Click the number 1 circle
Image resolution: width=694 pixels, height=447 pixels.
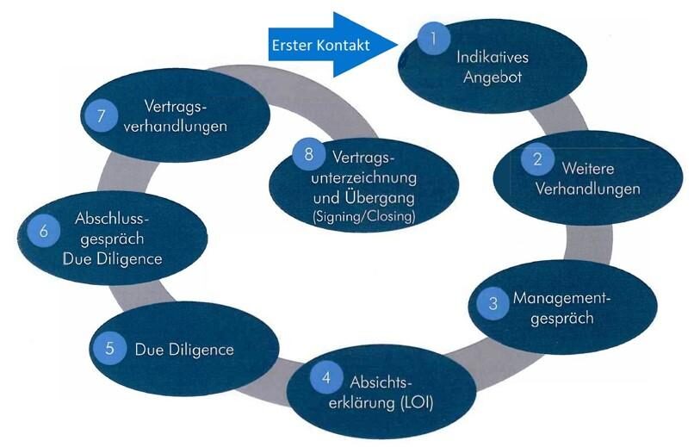point(435,37)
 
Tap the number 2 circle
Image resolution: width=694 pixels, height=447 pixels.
point(537,158)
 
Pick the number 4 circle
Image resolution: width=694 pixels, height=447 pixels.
point(325,376)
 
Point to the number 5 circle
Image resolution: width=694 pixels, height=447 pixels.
point(109,349)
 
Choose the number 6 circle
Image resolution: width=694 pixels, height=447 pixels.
point(42,230)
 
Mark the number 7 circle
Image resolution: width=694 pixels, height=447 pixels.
point(101,116)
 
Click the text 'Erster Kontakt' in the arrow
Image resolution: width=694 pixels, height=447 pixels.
point(319,45)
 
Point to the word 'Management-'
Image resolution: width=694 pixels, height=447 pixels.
point(561,299)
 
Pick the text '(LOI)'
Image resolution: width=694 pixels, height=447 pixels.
point(413,400)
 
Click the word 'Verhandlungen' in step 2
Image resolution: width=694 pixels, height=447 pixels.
point(588,189)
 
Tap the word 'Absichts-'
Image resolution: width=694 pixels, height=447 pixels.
point(385,382)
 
